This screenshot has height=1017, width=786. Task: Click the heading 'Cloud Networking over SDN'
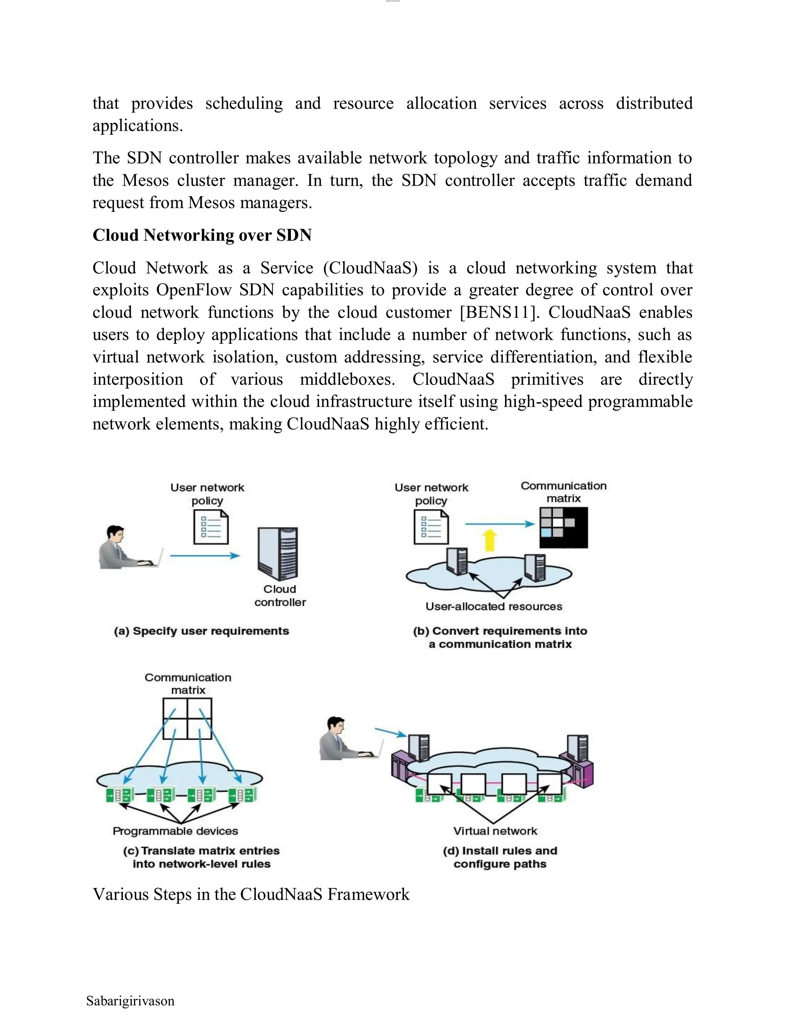point(202,235)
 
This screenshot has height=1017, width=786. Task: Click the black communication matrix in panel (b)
point(563,527)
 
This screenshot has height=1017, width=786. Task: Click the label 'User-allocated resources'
point(494,606)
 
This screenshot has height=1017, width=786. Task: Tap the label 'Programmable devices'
point(175,831)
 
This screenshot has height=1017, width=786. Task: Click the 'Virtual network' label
point(495,831)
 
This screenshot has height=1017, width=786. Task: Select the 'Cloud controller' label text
point(280,596)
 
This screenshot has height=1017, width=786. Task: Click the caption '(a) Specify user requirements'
point(201,631)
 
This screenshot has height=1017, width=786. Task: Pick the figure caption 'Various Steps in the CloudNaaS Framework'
point(251,894)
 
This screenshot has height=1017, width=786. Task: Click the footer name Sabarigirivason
point(130,1001)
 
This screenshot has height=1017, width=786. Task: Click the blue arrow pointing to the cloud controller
point(205,556)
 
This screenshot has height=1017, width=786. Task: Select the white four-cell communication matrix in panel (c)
point(187,718)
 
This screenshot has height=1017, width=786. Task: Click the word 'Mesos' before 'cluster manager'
point(145,180)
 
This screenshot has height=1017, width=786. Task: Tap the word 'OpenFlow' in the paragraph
point(194,290)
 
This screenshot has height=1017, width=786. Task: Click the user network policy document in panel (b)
point(431,527)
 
